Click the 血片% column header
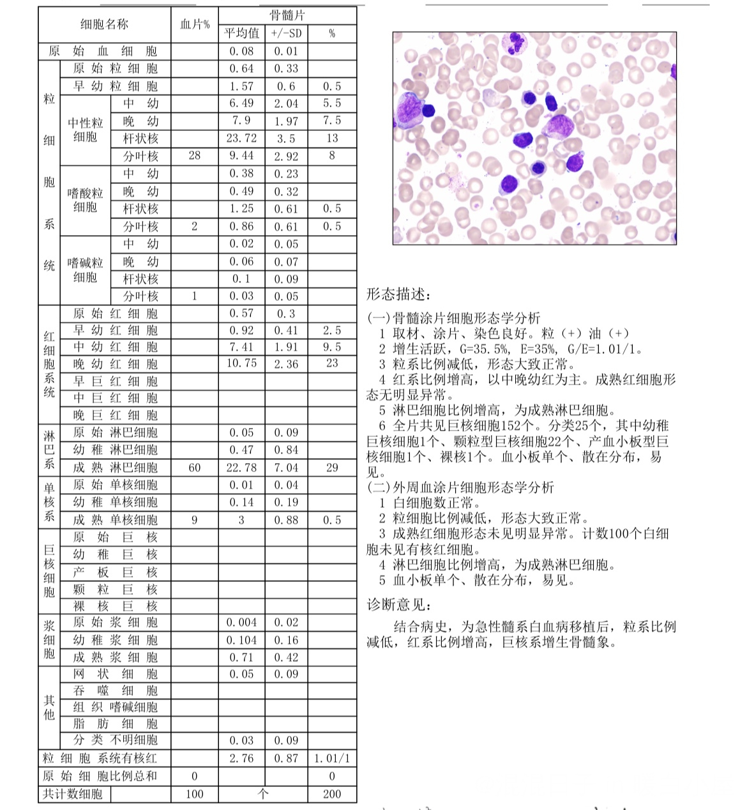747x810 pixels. click(195, 25)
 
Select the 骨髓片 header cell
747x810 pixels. click(287, 15)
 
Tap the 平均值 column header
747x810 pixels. click(241, 33)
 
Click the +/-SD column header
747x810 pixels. click(286, 33)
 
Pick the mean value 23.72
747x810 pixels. click(241, 138)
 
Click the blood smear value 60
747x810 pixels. click(195, 468)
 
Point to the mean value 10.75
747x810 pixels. click(241, 363)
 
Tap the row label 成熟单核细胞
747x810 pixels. click(115, 520)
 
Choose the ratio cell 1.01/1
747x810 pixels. click(332, 759)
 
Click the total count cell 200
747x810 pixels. click(332, 794)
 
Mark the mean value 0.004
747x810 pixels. click(241, 623)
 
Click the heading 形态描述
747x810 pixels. click(398, 294)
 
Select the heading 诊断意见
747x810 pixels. click(398, 604)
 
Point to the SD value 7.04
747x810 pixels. click(286, 468)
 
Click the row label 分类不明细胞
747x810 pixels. click(115, 740)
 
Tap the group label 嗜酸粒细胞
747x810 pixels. click(85, 199)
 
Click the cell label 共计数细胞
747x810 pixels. click(72, 794)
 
